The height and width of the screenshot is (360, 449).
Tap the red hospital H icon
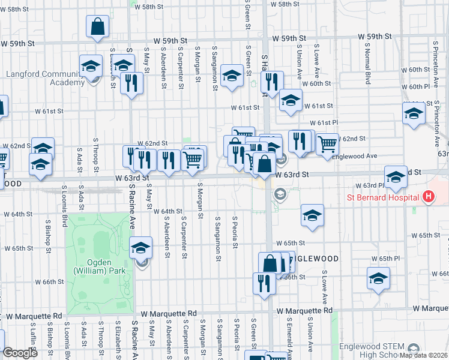(x=428, y=196)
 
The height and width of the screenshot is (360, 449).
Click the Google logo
(x=20, y=353)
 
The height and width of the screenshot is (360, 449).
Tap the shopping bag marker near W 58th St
(x=97, y=27)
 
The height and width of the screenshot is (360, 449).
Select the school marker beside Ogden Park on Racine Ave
(x=141, y=248)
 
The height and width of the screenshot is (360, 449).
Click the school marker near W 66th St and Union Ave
(x=378, y=279)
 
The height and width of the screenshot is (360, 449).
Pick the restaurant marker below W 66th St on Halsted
(x=264, y=284)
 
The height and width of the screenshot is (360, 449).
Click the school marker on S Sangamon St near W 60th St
(x=232, y=76)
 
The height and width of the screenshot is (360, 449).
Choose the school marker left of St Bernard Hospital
(x=395, y=177)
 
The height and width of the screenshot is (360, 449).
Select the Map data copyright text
(x=423, y=355)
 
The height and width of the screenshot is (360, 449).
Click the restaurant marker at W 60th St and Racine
(x=131, y=83)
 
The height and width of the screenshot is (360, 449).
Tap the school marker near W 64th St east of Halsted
(x=312, y=217)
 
